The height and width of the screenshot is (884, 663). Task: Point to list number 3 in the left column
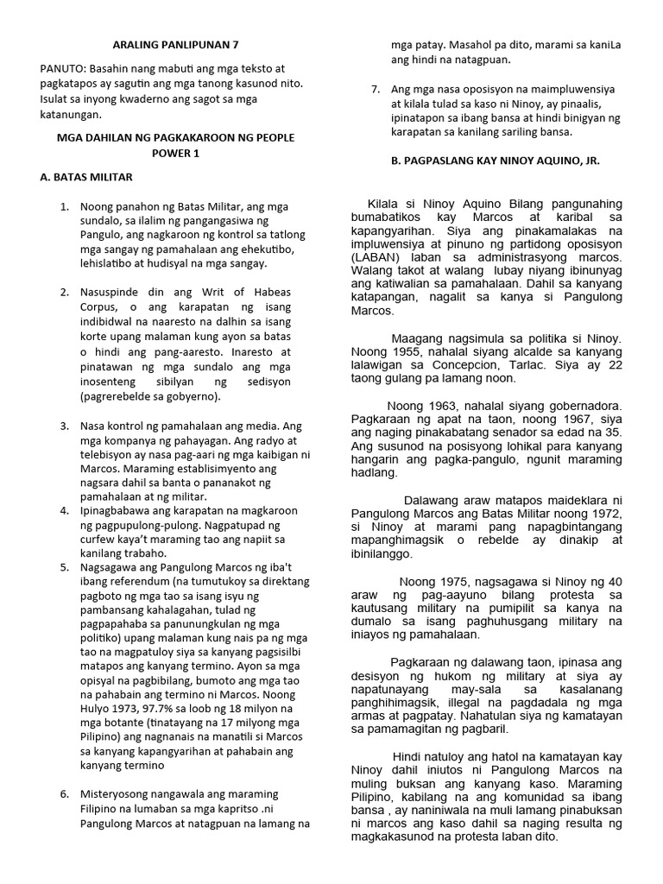click(65, 426)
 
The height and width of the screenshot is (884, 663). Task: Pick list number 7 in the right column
click(375, 89)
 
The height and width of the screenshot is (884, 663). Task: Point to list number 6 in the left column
click(65, 792)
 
